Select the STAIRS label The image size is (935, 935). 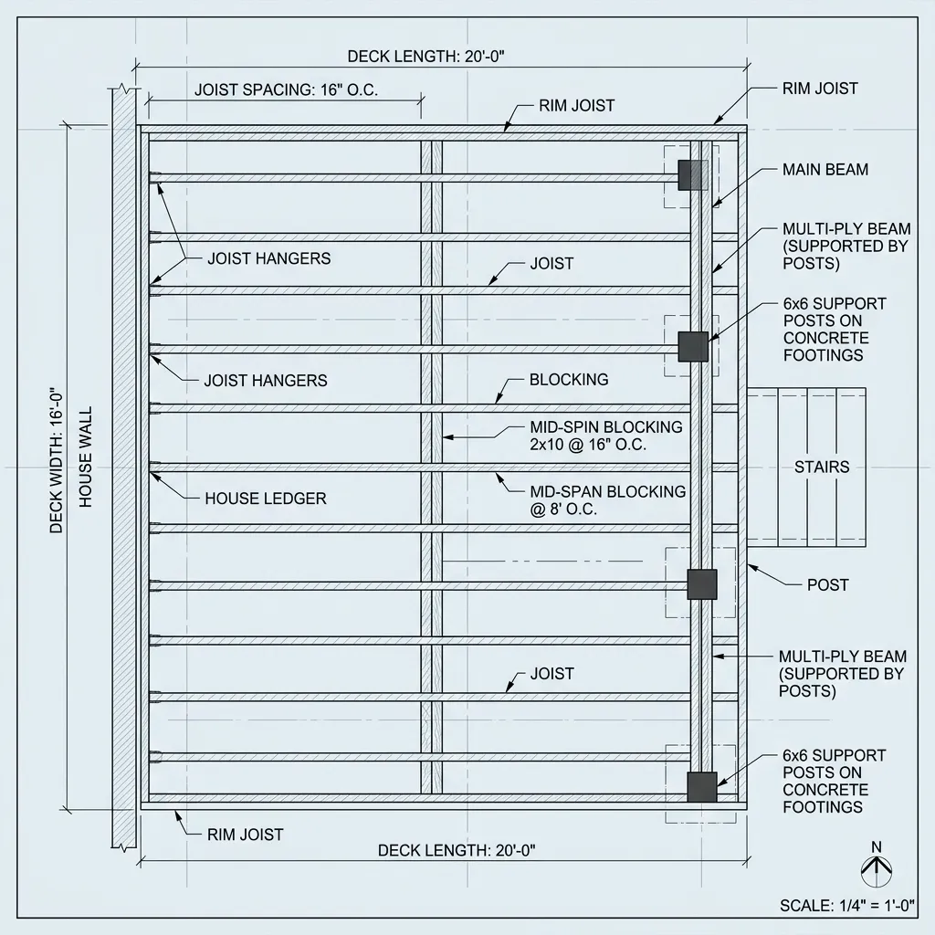pyautogui.click(x=821, y=467)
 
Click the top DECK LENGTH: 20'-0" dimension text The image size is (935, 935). pyautogui.click(x=425, y=57)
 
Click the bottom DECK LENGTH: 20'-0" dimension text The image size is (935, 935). pyautogui.click(x=456, y=851)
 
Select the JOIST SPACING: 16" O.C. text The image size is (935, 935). pyautogui.click(x=286, y=89)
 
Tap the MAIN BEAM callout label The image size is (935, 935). pyautogui.click(x=825, y=170)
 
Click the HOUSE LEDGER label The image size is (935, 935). pyautogui.click(x=265, y=499)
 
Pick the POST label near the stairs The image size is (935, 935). pyautogui.click(x=827, y=584)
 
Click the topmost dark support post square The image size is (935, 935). pyautogui.click(x=692, y=175)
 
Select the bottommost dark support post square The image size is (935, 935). pyautogui.click(x=701, y=786)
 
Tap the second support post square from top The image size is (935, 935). pyautogui.click(x=693, y=346)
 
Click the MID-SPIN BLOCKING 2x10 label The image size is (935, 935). pyautogui.click(x=606, y=436)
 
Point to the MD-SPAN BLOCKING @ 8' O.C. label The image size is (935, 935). pyautogui.click(x=607, y=500)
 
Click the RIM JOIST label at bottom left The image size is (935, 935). pyautogui.click(x=245, y=835)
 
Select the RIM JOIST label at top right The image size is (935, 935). pyautogui.click(x=820, y=89)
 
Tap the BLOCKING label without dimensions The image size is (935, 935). pyautogui.click(x=568, y=380)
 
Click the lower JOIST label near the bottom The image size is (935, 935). pyautogui.click(x=552, y=674)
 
